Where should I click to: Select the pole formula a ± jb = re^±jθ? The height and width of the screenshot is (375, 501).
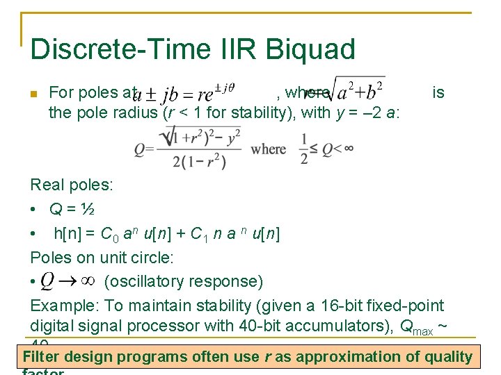tap(184, 92)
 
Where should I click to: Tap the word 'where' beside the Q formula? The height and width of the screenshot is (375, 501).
tap(269, 149)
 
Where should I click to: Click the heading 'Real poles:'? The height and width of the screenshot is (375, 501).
tap(71, 185)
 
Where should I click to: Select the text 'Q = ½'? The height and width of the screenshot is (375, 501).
tap(72, 209)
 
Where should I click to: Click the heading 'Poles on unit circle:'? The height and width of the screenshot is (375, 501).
tap(102, 258)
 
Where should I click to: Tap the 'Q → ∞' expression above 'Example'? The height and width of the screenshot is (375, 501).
tap(67, 281)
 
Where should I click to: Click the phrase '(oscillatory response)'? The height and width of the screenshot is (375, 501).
tap(183, 281)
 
